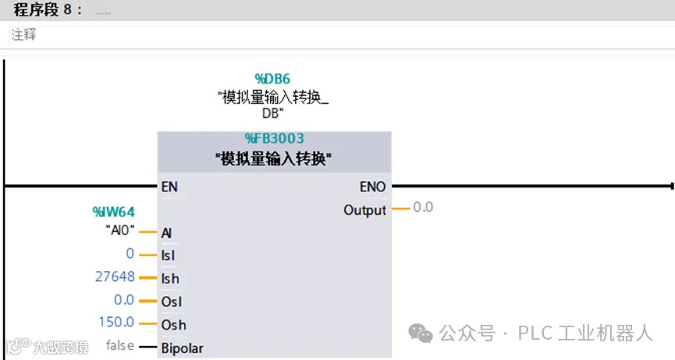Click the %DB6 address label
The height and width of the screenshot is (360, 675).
pos(272,78)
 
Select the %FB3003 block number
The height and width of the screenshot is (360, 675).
pos(274,139)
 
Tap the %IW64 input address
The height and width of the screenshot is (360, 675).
pos(114,211)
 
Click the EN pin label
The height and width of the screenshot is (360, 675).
pos(169,187)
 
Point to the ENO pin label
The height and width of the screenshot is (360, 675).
pos(372,187)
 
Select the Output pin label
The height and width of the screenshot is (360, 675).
pos(364,210)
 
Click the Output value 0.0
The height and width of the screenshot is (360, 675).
pos(423,208)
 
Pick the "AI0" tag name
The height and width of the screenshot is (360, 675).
pos(120,231)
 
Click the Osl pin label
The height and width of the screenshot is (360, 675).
pos(171,301)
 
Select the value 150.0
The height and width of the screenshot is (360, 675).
pos(116,323)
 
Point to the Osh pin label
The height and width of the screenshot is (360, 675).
pos(172,324)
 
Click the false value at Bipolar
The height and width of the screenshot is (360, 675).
pos(119,345)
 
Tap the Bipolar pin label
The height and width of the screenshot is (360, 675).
pos(182,348)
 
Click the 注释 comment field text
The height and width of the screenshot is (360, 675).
pos(23,35)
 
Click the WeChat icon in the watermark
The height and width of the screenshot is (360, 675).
pos(422,333)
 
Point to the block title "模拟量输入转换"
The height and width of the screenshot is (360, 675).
pos(274,159)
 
